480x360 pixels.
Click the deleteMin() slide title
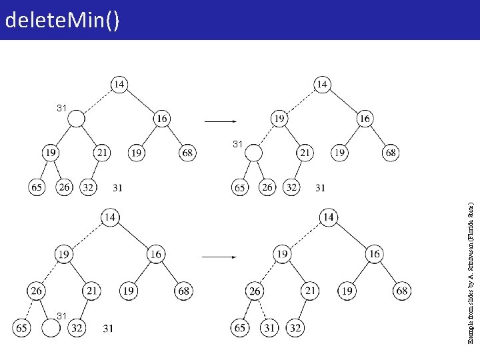click(62, 21)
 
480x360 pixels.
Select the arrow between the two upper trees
click(219, 122)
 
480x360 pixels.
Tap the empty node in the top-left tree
click(77, 119)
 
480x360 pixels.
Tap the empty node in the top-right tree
click(254, 153)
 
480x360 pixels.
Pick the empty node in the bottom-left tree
click(51, 328)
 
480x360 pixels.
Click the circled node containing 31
click(269, 328)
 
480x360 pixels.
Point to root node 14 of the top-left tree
click(119, 84)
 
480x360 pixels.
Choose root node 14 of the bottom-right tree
click(328, 217)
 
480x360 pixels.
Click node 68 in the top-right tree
click(391, 153)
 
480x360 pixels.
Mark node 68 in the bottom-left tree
click(184, 291)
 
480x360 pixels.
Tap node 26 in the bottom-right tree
click(255, 291)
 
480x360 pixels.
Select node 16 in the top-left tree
click(161, 119)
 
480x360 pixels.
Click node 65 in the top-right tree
click(240, 187)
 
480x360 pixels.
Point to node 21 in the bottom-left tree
click(92, 291)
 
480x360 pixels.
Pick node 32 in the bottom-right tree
click(295, 328)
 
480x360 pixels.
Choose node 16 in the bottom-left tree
click(155, 254)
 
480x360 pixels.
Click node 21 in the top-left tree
click(101, 153)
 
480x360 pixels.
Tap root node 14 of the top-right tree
click(322, 84)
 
